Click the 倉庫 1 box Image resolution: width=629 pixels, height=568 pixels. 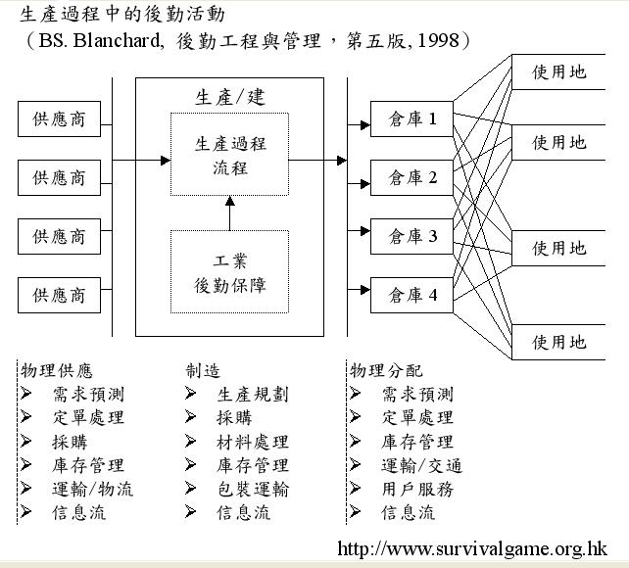click(x=411, y=119)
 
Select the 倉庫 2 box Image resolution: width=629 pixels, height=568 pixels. click(x=411, y=177)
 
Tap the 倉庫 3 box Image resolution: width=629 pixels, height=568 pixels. click(x=411, y=236)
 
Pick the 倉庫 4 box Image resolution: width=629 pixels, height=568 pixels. click(x=411, y=295)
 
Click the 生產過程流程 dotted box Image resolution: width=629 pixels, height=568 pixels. click(x=229, y=155)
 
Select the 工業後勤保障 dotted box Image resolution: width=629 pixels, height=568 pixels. click(x=229, y=272)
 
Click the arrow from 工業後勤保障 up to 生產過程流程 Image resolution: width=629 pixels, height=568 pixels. click(x=230, y=213)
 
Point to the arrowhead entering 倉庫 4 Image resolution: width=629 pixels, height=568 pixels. click(x=365, y=290)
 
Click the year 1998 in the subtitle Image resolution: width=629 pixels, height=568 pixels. click(x=439, y=40)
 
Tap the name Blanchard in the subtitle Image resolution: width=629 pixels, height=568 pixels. click(x=118, y=40)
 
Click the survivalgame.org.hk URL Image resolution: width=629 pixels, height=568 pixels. click(x=472, y=548)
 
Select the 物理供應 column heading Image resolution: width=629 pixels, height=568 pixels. click(x=57, y=370)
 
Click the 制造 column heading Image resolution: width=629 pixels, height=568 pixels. click(x=203, y=370)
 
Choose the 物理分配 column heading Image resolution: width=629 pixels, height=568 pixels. click(x=386, y=370)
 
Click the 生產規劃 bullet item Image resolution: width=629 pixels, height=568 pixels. click(x=253, y=395)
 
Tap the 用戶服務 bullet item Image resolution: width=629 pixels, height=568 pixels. click(x=417, y=489)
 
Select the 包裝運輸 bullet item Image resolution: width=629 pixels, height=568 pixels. click(x=253, y=489)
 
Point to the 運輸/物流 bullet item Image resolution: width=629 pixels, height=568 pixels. click(x=92, y=489)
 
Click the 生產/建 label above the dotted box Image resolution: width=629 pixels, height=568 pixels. click(x=230, y=97)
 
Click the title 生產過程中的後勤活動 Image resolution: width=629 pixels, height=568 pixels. click(x=121, y=15)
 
